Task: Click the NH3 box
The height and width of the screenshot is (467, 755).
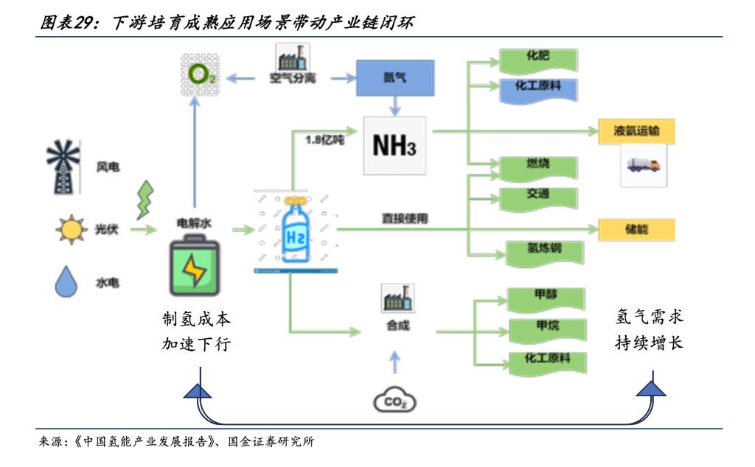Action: pos(394,145)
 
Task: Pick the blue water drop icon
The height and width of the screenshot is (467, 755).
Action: pos(67,281)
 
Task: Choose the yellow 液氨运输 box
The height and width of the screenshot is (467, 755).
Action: pos(636,132)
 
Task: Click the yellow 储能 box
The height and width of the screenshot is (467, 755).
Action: pos(636,229)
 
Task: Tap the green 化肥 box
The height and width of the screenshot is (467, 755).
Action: pos(537,58)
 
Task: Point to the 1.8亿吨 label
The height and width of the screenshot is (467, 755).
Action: pos(324,137)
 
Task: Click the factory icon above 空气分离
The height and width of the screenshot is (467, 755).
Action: pos(292,57)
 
